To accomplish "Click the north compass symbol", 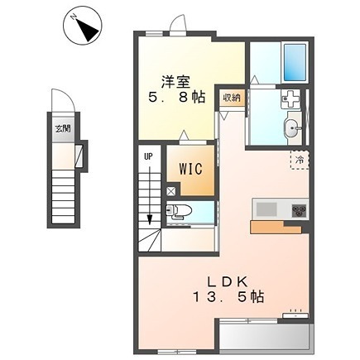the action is coord(83,27).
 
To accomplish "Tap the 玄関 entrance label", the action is coord(63,129).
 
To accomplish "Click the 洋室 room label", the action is coord(175,82).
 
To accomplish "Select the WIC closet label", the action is coord(190,169).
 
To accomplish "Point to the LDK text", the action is coord(227,281).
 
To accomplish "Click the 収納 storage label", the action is coord(232,98).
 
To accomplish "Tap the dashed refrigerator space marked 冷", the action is coord(300,160).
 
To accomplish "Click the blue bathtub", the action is coord(295,62).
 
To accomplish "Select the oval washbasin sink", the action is coord(293,127).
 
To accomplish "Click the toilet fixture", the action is coord(179,212).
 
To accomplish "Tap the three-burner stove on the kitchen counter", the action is coord(300,211).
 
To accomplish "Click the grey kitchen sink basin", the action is coord(266,209).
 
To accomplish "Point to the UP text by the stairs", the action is coord(148,156).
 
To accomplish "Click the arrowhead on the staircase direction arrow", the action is coord(150,219).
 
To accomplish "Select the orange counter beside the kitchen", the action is coord(276,227).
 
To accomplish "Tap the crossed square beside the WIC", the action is coord(171,191).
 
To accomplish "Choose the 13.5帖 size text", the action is coord(228,297).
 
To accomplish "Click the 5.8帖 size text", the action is coord(177,98).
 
